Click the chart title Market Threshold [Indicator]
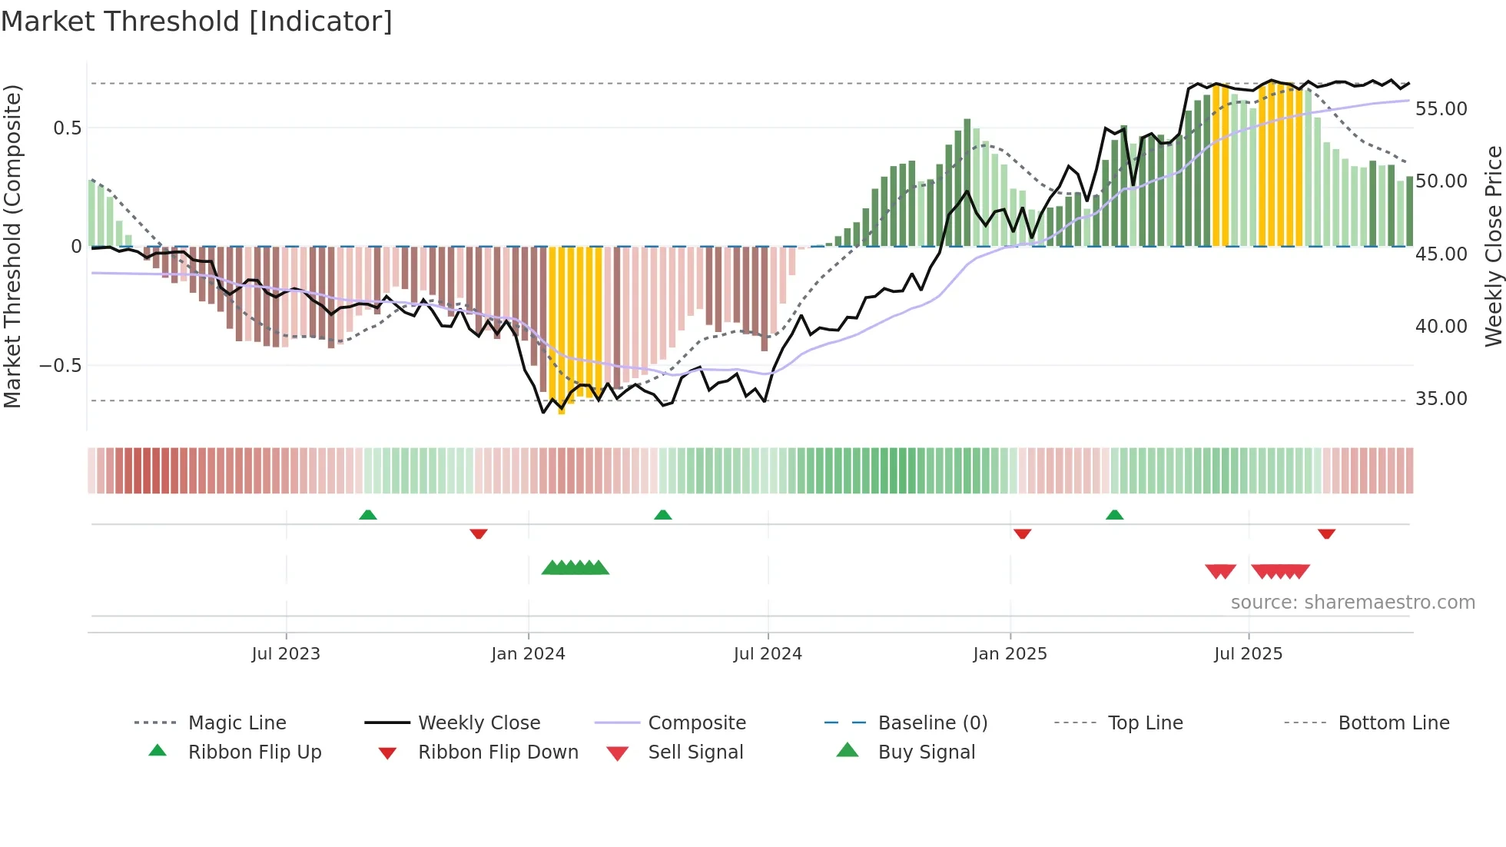pyautogui.click(x=197, y=22)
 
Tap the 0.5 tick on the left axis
pyautogui.click(x=67, y=128)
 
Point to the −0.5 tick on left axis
pyautogui.click(x=61, y=365)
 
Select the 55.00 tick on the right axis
pyautogui.click(x=1441, y=109)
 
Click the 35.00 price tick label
pyautogui.click(x=1441, y=399)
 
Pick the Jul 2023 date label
pyautogui.click(x=285, y=654)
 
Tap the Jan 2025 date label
pyautogui.click(x=1009, y=654)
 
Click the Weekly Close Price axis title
pyautogui.click(x=1493, y=246)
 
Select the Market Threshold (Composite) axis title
pyautogui.click(x=12, y=246)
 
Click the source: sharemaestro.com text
pyautogui.click(x=1352, y=603)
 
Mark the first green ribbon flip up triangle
pyautogui.click(x=368, y=515)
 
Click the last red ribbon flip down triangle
pyautogui.click(x=1326, y=533)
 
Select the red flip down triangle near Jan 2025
pyautogui.click(x=1022, y=533)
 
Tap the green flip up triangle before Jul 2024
pyautogui.click(x=662, y=515)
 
